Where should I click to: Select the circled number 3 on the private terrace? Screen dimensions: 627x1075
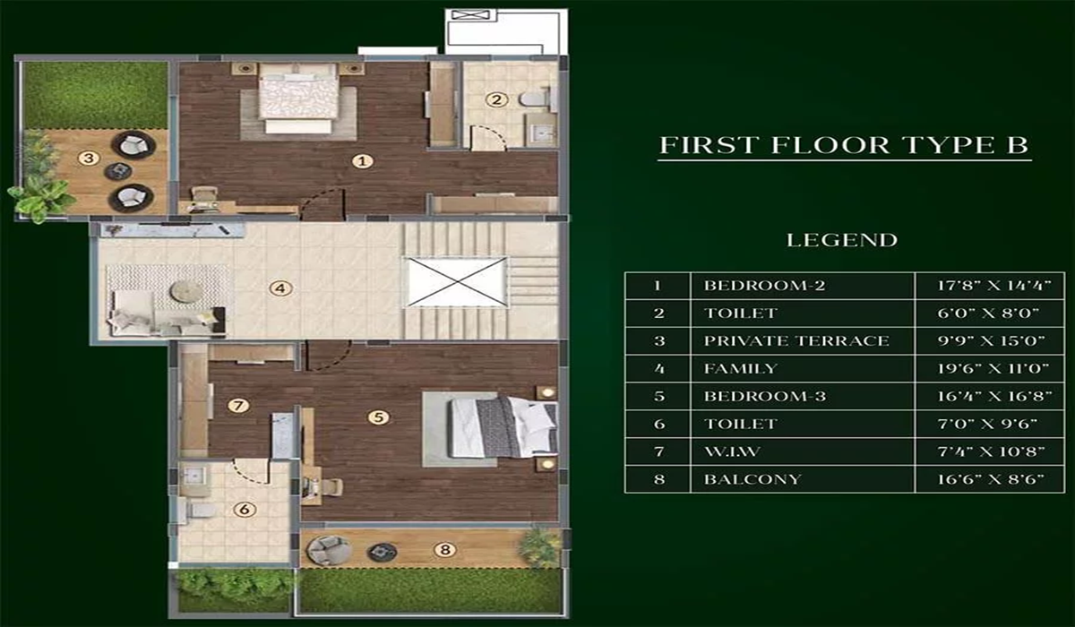(87, 159)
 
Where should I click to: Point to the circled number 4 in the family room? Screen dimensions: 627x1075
(280, 288)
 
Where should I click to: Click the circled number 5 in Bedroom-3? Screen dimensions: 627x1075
(380, 417)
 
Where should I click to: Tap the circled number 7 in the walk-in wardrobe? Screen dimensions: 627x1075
(237, 405)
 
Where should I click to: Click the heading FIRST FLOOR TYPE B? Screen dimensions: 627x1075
(844, 146)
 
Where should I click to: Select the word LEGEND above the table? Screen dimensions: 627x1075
(841, 240)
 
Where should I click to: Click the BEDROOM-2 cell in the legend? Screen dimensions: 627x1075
(802, 286)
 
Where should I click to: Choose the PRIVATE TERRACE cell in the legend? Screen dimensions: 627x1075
(802, 340)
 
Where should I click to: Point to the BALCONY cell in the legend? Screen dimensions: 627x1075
(802, 478)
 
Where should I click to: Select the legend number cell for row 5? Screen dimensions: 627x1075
(658, 396)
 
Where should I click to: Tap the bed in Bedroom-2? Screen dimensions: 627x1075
(298, 99)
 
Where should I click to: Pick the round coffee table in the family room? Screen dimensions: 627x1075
(186, 291)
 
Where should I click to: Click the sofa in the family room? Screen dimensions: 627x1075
(161, 321)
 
